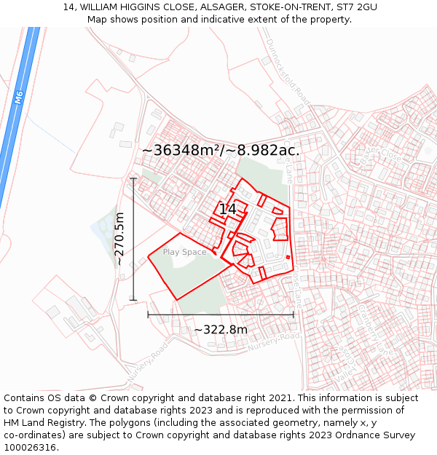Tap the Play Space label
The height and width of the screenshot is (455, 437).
(x=184, y=252)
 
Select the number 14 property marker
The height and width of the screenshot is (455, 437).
(x=227, y=209)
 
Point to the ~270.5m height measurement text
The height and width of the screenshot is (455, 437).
(x=120, y=239)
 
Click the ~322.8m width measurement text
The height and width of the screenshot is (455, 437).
(x=221, y=330)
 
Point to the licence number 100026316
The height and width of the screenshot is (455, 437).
(x=31, y=448)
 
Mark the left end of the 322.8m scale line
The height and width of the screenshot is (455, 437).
(x=148, y=314)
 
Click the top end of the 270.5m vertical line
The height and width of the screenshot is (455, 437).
(x=133, y=178)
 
